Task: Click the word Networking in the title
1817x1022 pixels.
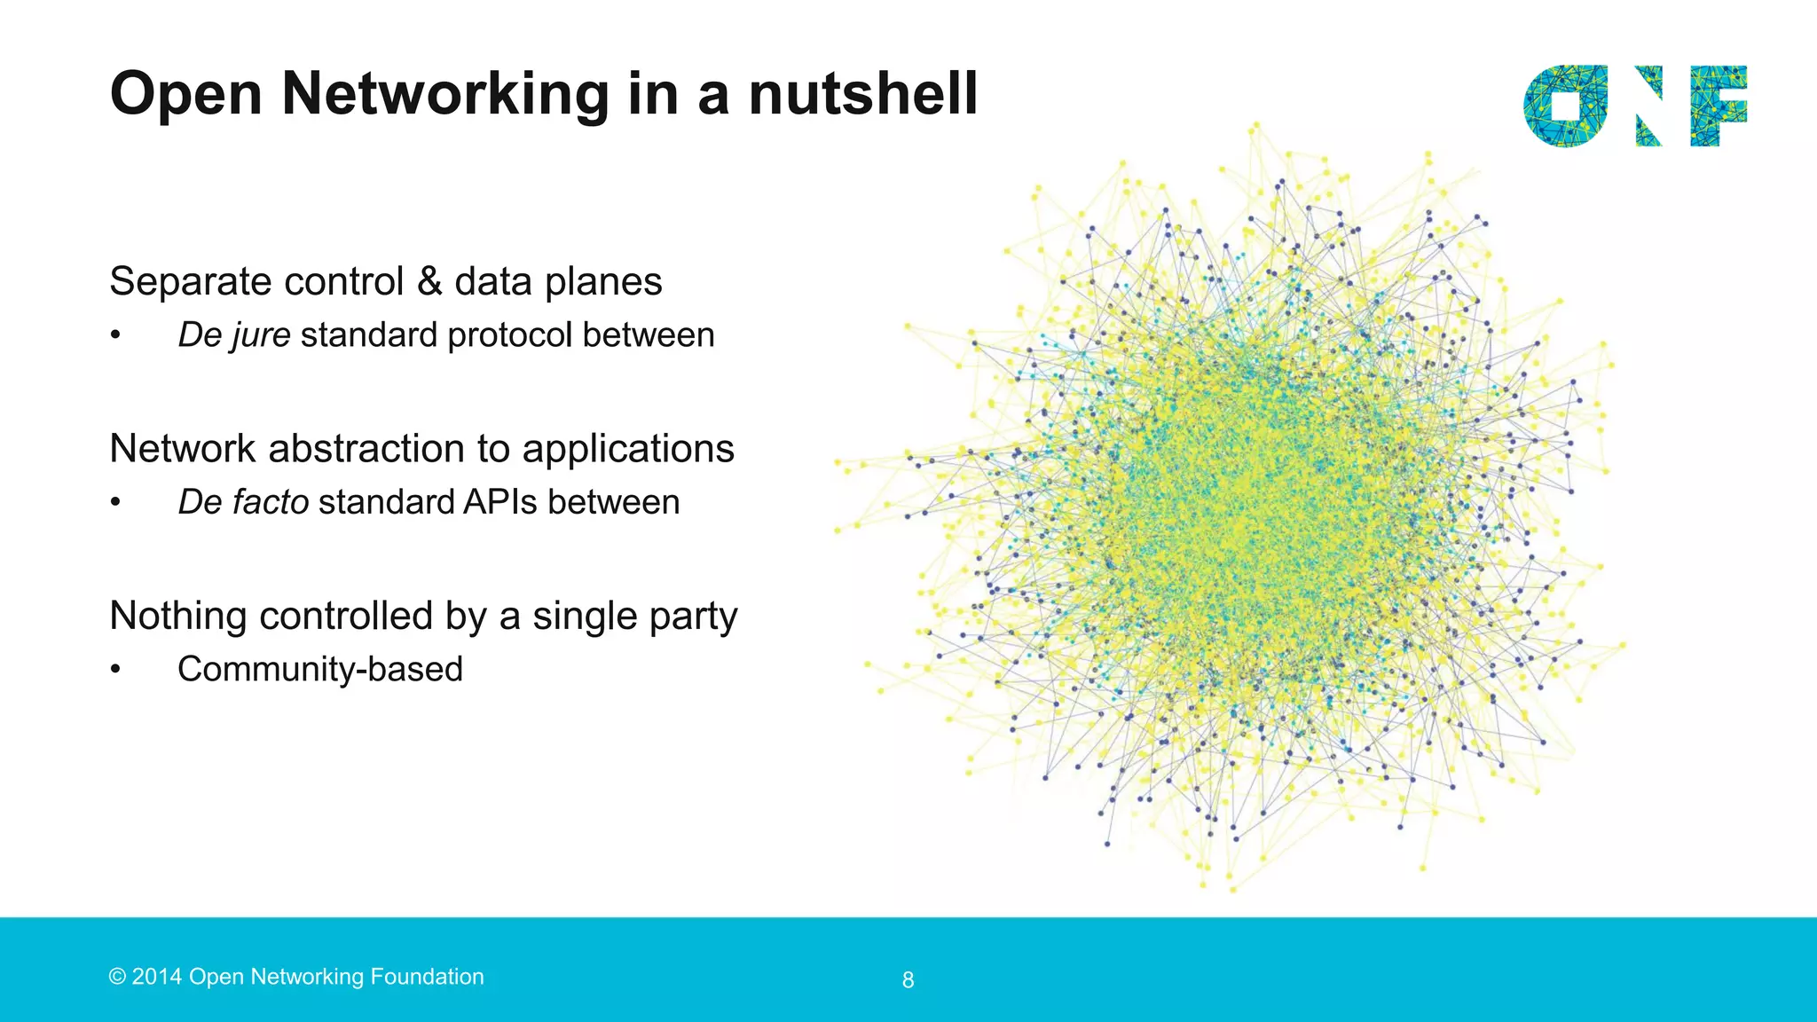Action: pos(445,94)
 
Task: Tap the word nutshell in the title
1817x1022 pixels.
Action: pos(862,94)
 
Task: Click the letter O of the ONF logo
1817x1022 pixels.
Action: pos(1565,106)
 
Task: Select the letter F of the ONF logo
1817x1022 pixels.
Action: pos(1718,106)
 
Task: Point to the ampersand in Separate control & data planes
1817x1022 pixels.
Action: pos(429,282)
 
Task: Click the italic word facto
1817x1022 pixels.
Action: pos(270,503)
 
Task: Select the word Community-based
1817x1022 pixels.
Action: pos(320,670)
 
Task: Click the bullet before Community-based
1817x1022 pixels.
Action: pos(115,670)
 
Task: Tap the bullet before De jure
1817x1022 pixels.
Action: pos(115,336)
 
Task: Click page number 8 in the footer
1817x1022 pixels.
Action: pos(908,980)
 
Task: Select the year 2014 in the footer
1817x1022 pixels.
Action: pos(157,977)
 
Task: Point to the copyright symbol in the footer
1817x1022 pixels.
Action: pos(117,977)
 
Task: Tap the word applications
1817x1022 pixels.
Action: pos(628,449)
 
